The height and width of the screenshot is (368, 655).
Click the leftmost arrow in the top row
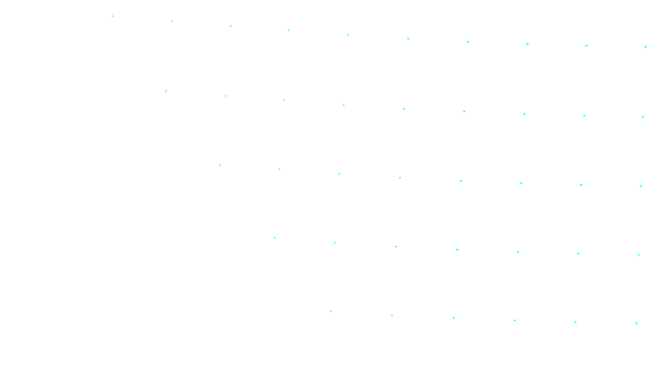(113, 16)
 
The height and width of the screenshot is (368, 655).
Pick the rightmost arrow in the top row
(645, 47)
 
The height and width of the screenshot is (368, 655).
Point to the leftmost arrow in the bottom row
(330, 311)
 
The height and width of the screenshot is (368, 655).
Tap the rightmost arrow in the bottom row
(636, 323)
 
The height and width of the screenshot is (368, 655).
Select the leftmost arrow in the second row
(166, 91)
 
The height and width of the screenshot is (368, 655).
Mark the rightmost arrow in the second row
(643, 117)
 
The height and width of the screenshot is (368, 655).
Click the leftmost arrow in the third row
(220, 165)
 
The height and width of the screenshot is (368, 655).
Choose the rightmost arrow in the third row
(641, 186)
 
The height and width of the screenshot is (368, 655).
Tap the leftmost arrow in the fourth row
(274, 238)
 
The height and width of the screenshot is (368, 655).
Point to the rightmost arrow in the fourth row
(638, 255)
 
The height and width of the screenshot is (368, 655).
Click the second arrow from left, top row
(172, 21)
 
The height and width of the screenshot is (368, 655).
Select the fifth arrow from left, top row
(348, 35)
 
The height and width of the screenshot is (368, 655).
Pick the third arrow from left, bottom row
(454, 318)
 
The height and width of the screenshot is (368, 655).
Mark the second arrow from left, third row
(279, 169)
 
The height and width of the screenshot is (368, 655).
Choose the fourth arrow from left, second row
(343, 105)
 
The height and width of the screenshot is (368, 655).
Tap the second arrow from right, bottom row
(575, 322)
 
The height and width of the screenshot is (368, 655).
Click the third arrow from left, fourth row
(396, 247)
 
